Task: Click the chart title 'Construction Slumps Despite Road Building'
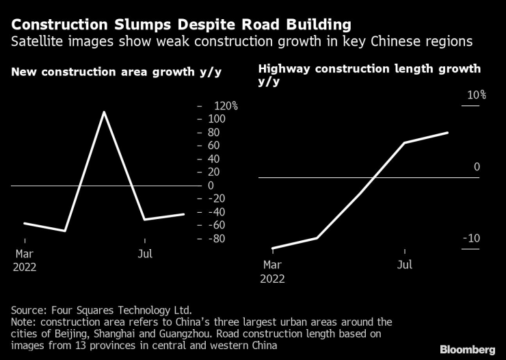click(x=181, y=25)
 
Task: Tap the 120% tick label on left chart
click(x=224, y=106)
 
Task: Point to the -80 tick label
click(x=217, y=238)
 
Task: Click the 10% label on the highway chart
click(x=476, y=95)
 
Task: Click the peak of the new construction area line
click(x=103, y=112)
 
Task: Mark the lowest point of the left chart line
click(x=65, y=231)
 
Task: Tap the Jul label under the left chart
click(x=145, y=254)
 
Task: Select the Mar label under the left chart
click(x=25, y=254)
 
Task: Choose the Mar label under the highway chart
click(x=271, y=264)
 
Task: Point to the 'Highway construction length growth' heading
click(x=369, y=69)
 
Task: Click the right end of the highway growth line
click(x=448, y=133)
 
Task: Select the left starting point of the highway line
click(x=272, y=248)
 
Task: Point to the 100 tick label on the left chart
click(x=217, y=119)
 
